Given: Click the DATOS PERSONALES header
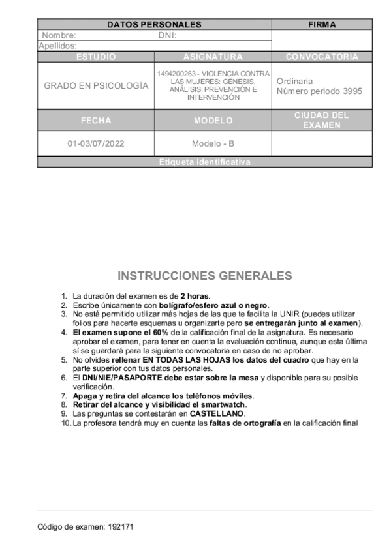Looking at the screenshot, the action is (x=154, y=25).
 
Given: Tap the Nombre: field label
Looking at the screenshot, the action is (x=59, y=35).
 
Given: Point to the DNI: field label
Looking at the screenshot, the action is (x=168, y=35).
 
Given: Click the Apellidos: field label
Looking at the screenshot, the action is (x=57, y=46).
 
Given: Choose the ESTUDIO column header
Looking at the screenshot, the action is (x=96, y=57).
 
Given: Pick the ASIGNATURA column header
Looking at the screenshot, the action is (x=213, y=57).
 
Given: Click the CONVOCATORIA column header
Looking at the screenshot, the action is (x=322, y=57).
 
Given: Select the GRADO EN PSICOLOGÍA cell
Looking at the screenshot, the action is (x=96, y=86).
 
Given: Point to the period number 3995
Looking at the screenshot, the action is (x=352, y=91).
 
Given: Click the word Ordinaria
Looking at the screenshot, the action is (x=294, y=81).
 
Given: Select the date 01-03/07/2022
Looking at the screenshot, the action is (x=96, y=143).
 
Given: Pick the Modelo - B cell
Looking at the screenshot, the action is (x=213, y=143).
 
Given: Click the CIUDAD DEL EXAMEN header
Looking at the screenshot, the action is (x=322, y=121).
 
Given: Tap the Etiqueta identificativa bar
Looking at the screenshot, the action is (x=204, y=162).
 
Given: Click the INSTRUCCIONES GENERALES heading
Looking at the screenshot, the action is (x=204, y=275).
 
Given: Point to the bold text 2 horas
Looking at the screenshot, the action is (x=195, y=296).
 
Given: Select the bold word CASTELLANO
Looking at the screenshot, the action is (x=217, y=413).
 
